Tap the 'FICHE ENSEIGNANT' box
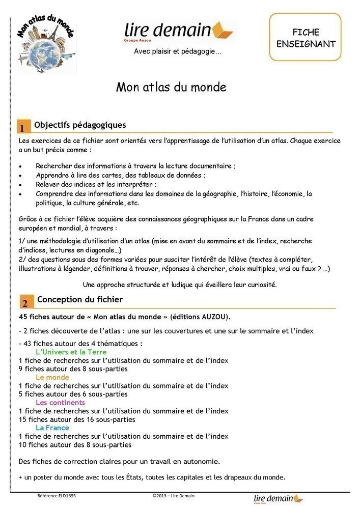tap(306, 38)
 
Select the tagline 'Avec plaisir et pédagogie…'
tap(178, 51)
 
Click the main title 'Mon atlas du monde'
tap(171, 87)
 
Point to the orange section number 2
tap(24, 303)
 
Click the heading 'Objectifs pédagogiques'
tap(80, 125)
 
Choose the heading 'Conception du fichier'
tap(80, 299)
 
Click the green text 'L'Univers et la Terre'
tap(71, 352)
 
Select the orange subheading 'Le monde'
tap(52, 377)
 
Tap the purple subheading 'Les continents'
tap(60, 403)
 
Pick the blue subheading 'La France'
tap(52, 428)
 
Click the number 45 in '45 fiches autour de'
tap(22, 317)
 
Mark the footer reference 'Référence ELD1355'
tap(57, 495)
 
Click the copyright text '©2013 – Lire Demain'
tap(173, 495)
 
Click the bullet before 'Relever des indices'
tap(20, 184)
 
